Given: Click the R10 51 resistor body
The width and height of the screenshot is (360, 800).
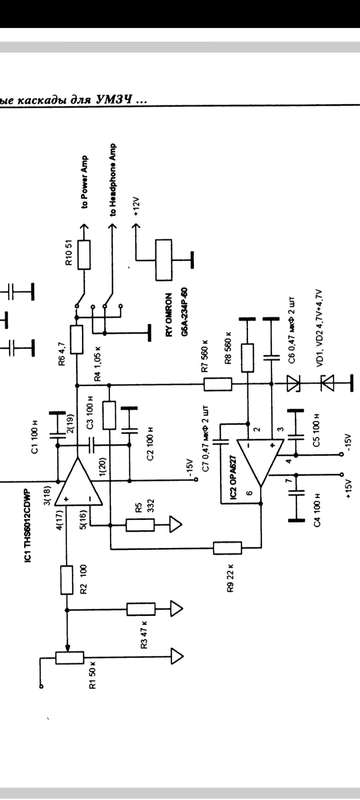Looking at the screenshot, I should (84, 254).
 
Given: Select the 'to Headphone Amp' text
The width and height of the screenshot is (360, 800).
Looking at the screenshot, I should (113, 180).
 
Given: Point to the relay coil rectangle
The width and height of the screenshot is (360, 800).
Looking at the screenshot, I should (164, 260).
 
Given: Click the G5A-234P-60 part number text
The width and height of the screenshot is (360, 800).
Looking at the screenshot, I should (185, 316).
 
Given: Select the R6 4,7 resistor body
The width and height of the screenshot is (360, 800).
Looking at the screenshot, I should (76, 340).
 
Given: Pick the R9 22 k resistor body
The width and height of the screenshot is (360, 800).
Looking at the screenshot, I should (227, 548).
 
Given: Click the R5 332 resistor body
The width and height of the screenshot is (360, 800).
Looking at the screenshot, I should (140, 525).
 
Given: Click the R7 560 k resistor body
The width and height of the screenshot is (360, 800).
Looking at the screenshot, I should (218, 384).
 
